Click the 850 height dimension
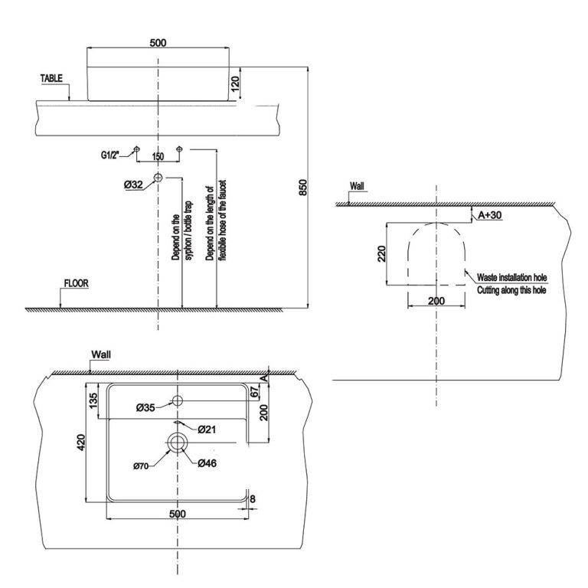click(x=303, y=188)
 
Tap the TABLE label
click(x=52, y=78)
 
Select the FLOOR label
click(x=76, y=283)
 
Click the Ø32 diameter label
click(x=133, y=184)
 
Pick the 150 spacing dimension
click(x=158, y=156)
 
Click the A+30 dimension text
click(x=490, y=216)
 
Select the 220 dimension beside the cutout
click(x=381, y=254)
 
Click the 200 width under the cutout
click(x=436, y=301)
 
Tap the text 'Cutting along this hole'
click(x=511, y=291)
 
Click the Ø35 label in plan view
click(x=146, y=408)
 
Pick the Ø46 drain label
click(x=207, y=463)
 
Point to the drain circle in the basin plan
click(x=178, y=442)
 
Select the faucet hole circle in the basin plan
click(x=177, y=401)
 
